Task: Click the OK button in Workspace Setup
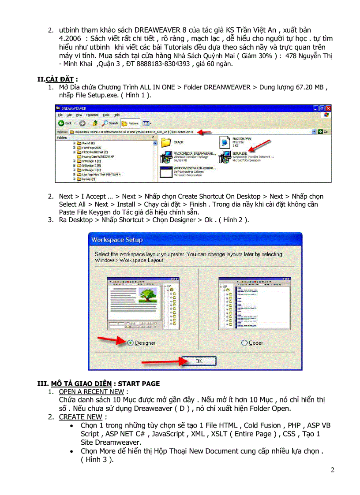coord(199,361)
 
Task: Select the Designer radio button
coord(130,342)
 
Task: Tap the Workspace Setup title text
coord(117,240)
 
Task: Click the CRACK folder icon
coord(166,142)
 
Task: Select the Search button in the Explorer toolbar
coord(110,123)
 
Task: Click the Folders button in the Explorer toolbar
coord(130,123)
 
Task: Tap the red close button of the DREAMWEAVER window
coord(328,108)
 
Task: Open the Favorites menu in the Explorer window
coord(92,115)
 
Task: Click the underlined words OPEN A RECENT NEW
coord(92,391)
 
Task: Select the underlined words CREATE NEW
coord(80,417)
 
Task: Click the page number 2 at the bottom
coord(332,470)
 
